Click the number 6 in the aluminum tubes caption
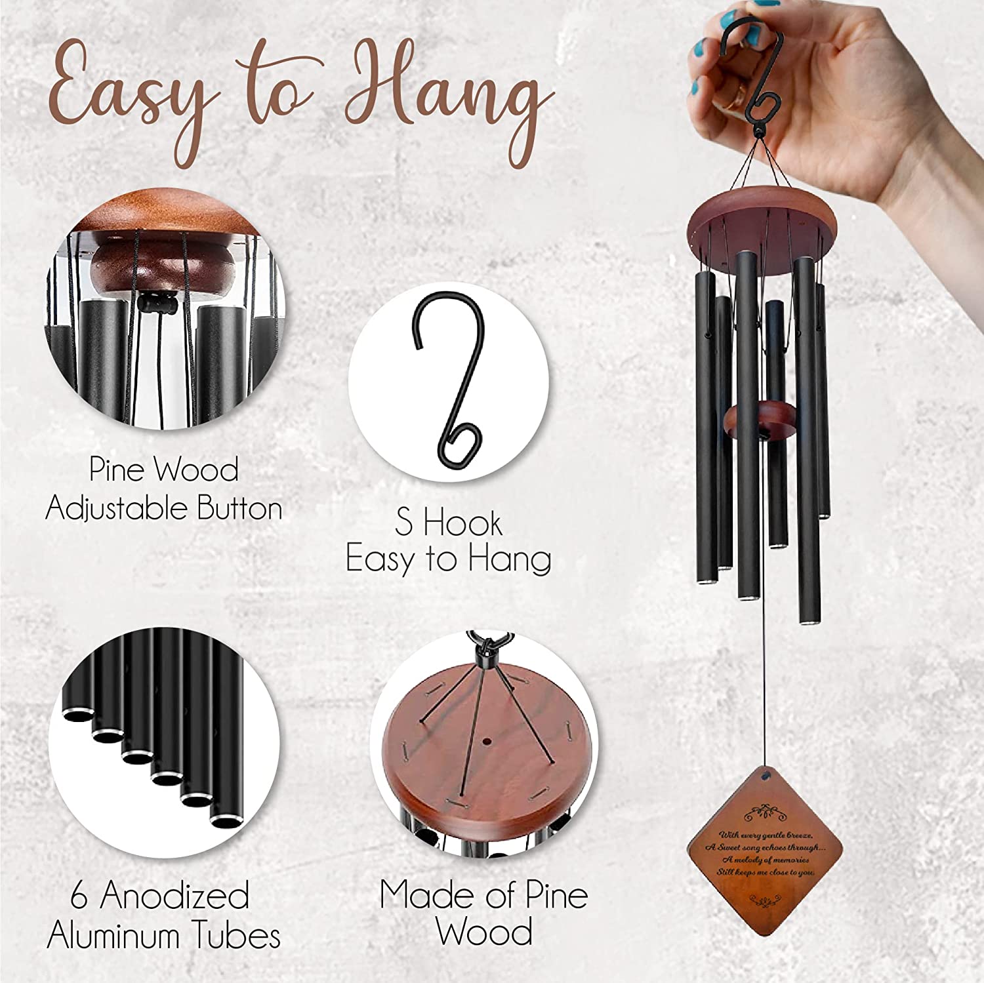[79, 896]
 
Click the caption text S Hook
[449, 523]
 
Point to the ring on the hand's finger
[740, 96]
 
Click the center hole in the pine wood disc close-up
[487, 742]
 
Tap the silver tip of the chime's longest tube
[809, 620]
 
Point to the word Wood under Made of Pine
[484, 933]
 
